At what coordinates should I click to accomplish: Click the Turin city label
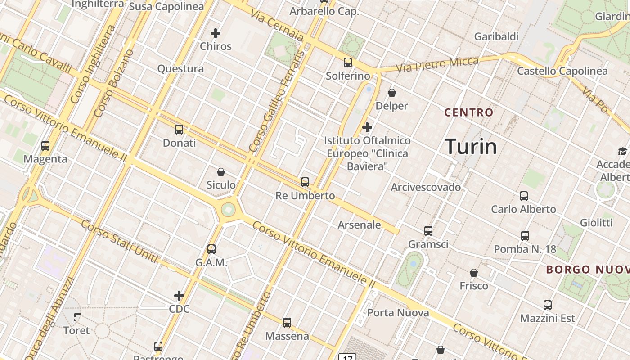[471, 147]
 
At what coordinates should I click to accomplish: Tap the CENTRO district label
[469, 112]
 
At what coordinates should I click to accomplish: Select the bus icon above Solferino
[348, 63]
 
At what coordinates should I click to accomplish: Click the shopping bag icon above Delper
[392, 93]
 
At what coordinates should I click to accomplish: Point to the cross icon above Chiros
[216, 33]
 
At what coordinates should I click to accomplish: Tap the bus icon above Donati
[179, 130]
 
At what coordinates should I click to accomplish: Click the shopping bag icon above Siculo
[221, 172]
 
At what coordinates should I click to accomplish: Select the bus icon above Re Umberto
[305, 182]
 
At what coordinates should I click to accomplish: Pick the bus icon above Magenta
[45, 146]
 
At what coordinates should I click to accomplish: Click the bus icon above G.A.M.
[211, 249]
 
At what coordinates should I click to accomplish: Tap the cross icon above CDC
[179, 296]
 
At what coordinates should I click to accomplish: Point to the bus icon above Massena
[287, 323]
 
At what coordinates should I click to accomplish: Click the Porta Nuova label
[398, 313]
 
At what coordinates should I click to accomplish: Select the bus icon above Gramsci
[428, 231]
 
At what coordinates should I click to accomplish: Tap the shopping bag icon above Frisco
[474, 273]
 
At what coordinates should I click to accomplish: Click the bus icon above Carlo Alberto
[524, 196]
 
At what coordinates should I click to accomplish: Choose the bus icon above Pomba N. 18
[525, 236]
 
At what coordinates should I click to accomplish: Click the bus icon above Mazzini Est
[548, 305]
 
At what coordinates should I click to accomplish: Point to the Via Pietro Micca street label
[437, 65]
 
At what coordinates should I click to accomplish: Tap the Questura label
[180, 69]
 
